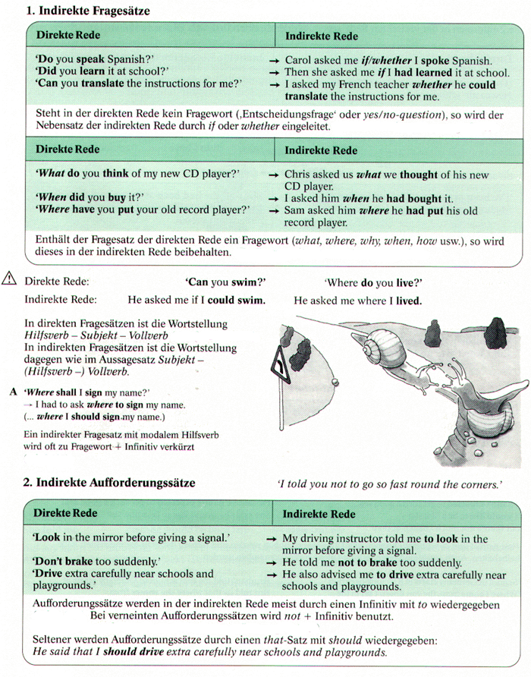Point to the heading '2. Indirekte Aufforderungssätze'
click(x=109, y=483)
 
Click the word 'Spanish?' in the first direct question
click(x=129, y=58)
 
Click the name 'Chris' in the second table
click(x=298, y=174)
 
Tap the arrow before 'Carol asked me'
click(x=275, y=59)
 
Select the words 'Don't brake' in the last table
click(x=63, y=562)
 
